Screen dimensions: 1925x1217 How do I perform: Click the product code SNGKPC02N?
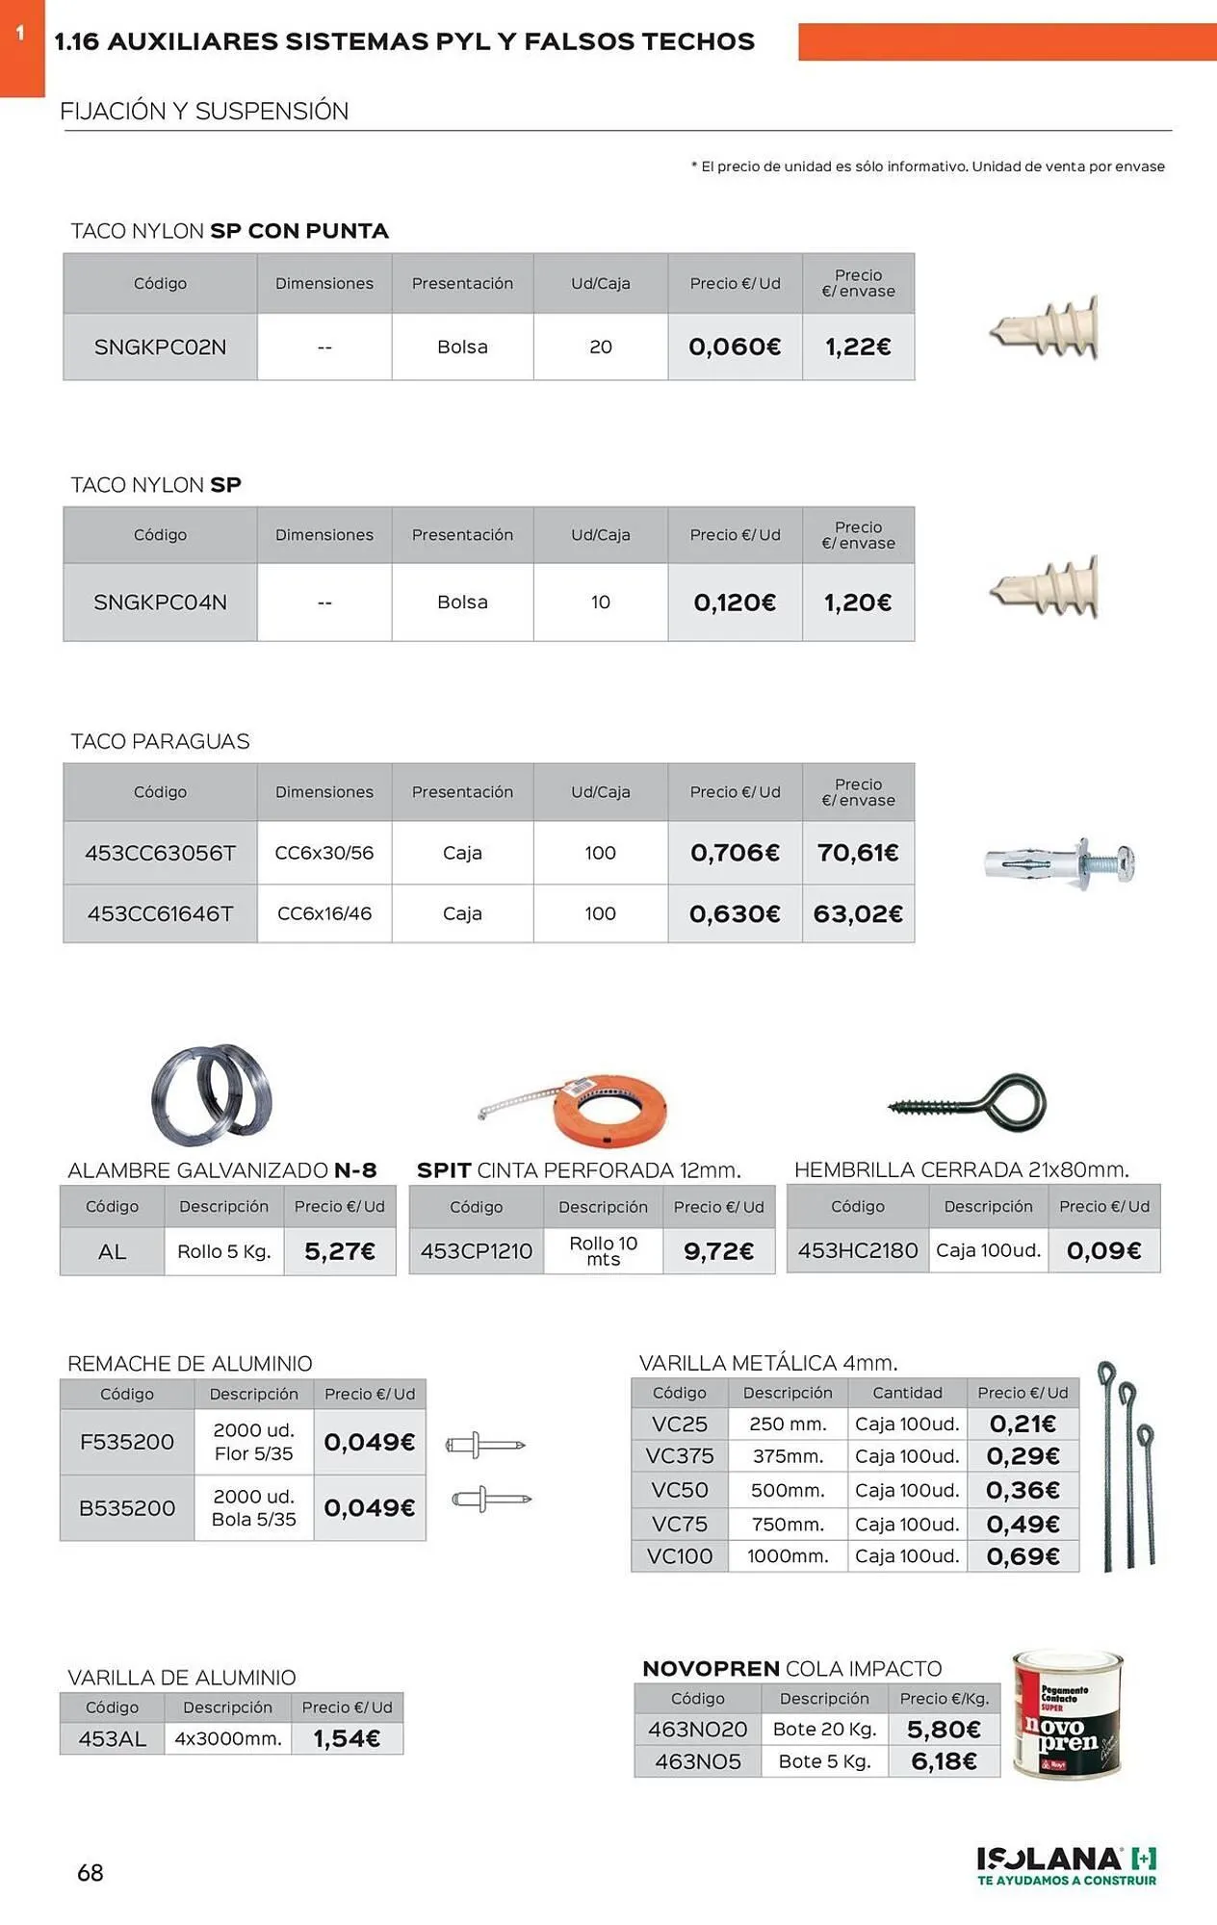(x=160, y=347)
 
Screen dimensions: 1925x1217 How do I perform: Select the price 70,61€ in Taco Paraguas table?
(x=858, y=853)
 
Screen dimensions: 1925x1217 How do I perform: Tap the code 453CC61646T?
(x=160, y=913)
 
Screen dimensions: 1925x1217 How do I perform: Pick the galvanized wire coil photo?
(x=212, y=1095)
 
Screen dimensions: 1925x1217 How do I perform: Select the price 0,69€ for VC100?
(x=1023, y=1556)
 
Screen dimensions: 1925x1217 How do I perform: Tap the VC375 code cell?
(x=680, y=1456)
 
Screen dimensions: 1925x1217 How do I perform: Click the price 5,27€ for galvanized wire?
(x=339, y=1251)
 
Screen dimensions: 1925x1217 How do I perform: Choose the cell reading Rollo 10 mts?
(x=604, y=1251)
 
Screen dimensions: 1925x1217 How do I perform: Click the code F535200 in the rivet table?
(x=127, y=1442)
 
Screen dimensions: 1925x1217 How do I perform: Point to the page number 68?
(x=91, y=1872)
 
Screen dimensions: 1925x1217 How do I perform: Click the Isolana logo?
(x=1067, y=1865)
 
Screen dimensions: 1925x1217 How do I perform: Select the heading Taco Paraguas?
(x=160, y=741)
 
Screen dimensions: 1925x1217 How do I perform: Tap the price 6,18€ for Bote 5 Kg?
(x=944, y=1761)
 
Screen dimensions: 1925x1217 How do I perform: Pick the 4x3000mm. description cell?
(x=228, y=1738)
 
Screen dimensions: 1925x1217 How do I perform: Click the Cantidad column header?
(x=907, y=1393)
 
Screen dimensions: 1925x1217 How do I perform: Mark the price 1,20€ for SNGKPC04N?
(x=858, y=603)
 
